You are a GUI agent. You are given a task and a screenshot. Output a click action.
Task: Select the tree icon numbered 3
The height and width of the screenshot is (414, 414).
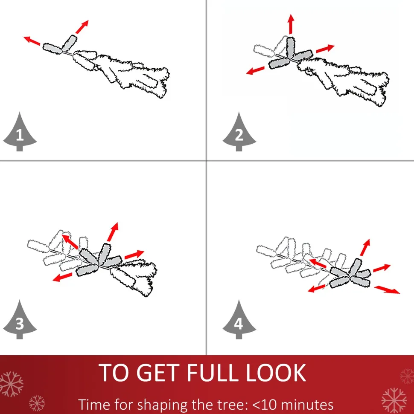click(x=20, y=320)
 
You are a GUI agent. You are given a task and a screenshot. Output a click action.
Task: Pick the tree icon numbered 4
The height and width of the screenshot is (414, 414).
click(x=239, y=320)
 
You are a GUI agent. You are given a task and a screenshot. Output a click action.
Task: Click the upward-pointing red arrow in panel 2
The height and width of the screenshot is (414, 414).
click(x=291, y=24)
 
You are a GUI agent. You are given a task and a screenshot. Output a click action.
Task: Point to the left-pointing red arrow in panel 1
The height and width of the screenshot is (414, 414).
click(x=32, y=41)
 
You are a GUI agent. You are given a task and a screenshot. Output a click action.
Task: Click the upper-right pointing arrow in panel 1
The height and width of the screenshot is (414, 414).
click(x=82, y=27)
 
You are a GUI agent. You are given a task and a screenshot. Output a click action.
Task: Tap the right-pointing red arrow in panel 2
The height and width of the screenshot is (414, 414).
click(x=325, y=49)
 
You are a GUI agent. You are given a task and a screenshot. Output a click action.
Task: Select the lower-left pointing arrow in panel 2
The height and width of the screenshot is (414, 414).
click(x=255, y=70)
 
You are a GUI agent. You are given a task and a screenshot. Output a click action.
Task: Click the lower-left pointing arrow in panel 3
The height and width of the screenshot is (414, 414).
click(x=62, y=277)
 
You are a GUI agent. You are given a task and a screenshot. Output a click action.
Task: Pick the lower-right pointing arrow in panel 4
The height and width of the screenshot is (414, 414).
click(x=387, y=290)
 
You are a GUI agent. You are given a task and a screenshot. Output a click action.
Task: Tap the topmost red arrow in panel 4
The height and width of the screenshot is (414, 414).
click(x=365, y=247)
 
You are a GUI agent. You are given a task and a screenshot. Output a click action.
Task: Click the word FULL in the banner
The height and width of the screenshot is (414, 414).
click(x=213, y=373)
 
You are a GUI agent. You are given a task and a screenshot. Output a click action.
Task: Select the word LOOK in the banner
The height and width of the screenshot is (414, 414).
click(x=276, y=373)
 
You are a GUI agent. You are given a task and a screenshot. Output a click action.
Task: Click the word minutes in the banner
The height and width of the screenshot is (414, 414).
click(x=307, y=404)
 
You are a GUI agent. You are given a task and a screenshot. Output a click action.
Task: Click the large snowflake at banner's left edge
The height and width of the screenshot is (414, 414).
click(x=11, y=384)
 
